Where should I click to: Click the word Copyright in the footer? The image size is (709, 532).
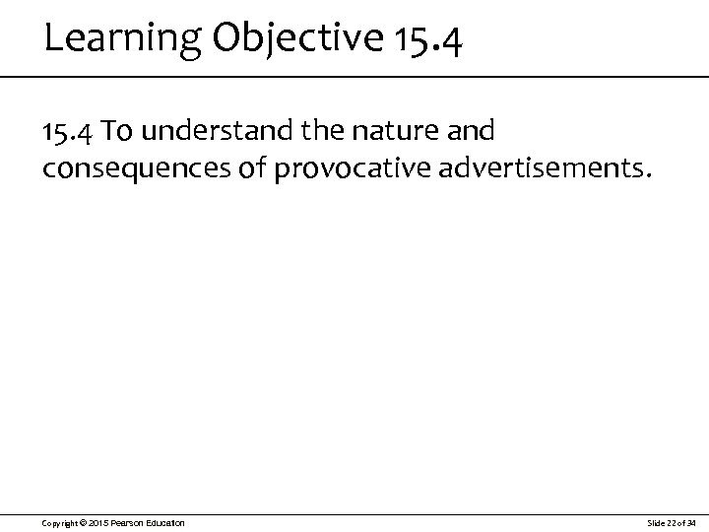(62, 521)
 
